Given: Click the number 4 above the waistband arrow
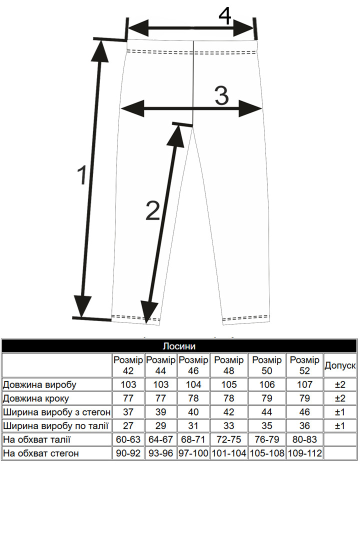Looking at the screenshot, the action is [x=225, y=15].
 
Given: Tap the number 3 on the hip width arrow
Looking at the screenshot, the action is [x=222, y=95].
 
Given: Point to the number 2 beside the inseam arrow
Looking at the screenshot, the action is [x=153, y=210].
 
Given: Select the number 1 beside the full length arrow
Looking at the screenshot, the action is [x=82, y=175].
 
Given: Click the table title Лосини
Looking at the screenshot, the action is [x=179, y=346].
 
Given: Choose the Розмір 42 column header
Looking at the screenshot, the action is [x=128, y=365].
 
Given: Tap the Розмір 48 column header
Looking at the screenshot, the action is [x=228, y=365].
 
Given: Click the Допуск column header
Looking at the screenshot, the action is [x=340, y=365].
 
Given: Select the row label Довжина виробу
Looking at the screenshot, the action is [x=39, y=384].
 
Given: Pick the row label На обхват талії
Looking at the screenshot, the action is [x=37, y=440].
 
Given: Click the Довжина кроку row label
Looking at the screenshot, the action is [x=36, y=398].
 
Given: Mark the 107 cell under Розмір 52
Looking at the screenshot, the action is [x=304, y=384].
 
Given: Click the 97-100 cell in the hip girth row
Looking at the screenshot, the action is [x=193, y=453].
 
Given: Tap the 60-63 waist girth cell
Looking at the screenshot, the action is [x=128, y=440].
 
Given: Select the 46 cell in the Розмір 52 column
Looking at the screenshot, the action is [x=304, y=412].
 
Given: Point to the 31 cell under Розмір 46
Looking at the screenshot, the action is [x=193, y=426].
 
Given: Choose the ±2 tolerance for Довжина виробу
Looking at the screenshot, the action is [x=340, y=384].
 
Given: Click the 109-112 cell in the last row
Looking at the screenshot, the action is [x=304, y=453].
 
